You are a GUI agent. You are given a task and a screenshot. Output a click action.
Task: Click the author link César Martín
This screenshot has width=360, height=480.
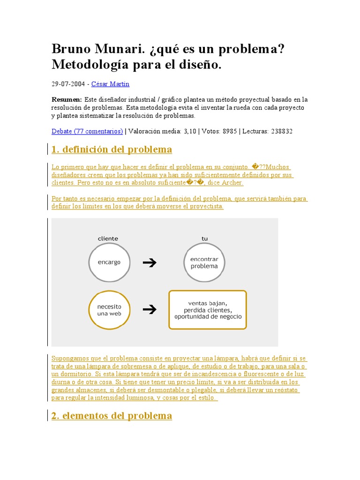[110, 84]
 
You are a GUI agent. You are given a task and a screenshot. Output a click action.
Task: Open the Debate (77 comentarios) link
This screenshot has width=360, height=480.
[87, 131]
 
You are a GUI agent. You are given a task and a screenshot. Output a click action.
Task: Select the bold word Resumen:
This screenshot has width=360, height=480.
[67, 100]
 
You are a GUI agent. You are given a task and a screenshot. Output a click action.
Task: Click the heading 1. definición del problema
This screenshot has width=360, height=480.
[112, 150]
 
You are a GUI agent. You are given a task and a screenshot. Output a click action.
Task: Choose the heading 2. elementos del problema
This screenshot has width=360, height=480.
[112, 416]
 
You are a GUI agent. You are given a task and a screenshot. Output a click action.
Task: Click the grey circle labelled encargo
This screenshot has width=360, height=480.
[109, 262]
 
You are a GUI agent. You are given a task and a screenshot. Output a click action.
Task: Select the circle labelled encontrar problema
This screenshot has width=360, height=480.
[204, 262]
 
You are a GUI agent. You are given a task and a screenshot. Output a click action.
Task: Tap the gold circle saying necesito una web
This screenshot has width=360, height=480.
[109, 310]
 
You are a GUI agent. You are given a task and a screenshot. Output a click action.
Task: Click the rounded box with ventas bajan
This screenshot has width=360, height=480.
[208, 310]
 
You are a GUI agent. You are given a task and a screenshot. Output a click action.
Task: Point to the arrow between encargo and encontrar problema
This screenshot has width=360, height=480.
[150, 262]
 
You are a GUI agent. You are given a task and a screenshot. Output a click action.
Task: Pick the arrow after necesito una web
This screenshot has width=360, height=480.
[150, 309]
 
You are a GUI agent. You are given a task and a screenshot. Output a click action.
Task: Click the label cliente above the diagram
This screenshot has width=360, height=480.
[108, 239]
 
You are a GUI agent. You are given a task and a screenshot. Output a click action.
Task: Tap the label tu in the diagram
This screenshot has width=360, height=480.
[204, 239]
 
